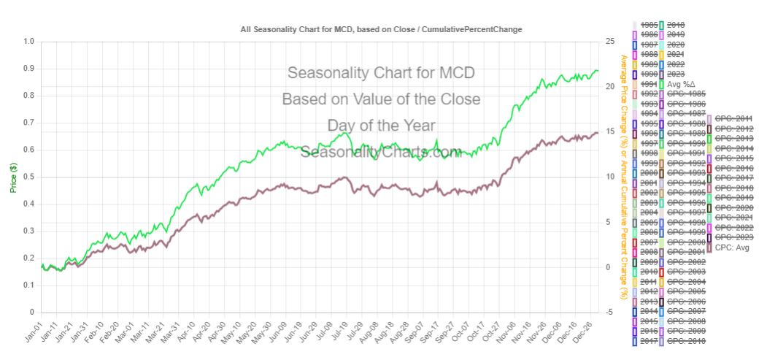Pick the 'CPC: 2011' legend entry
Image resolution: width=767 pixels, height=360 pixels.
coord(733,118)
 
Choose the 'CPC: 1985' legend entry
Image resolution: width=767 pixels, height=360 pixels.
coord(683,94)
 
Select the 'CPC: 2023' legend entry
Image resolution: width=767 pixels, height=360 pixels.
coord(733,237)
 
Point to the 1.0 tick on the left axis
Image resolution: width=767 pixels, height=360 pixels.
coord(29,42)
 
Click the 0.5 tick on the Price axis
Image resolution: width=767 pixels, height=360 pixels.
coord(29,177)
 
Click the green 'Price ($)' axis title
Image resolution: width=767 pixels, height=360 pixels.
coord(13,177)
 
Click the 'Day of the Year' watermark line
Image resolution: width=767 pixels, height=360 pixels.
coord(381,126)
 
